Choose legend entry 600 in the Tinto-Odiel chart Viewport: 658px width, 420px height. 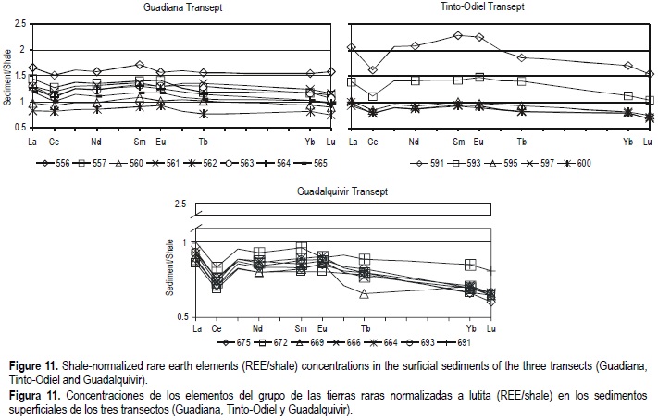tap(577, 164)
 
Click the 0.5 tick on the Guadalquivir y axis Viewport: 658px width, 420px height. tap(180, 317)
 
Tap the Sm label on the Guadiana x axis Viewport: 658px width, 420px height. tap(140, 142)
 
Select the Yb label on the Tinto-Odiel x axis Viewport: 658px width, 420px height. tap(628, 142)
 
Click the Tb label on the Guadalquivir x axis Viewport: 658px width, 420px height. tap(365, 328)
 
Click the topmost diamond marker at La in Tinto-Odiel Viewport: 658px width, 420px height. tap(351, 47)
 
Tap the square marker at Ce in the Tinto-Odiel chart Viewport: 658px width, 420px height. tap(373, 96)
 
